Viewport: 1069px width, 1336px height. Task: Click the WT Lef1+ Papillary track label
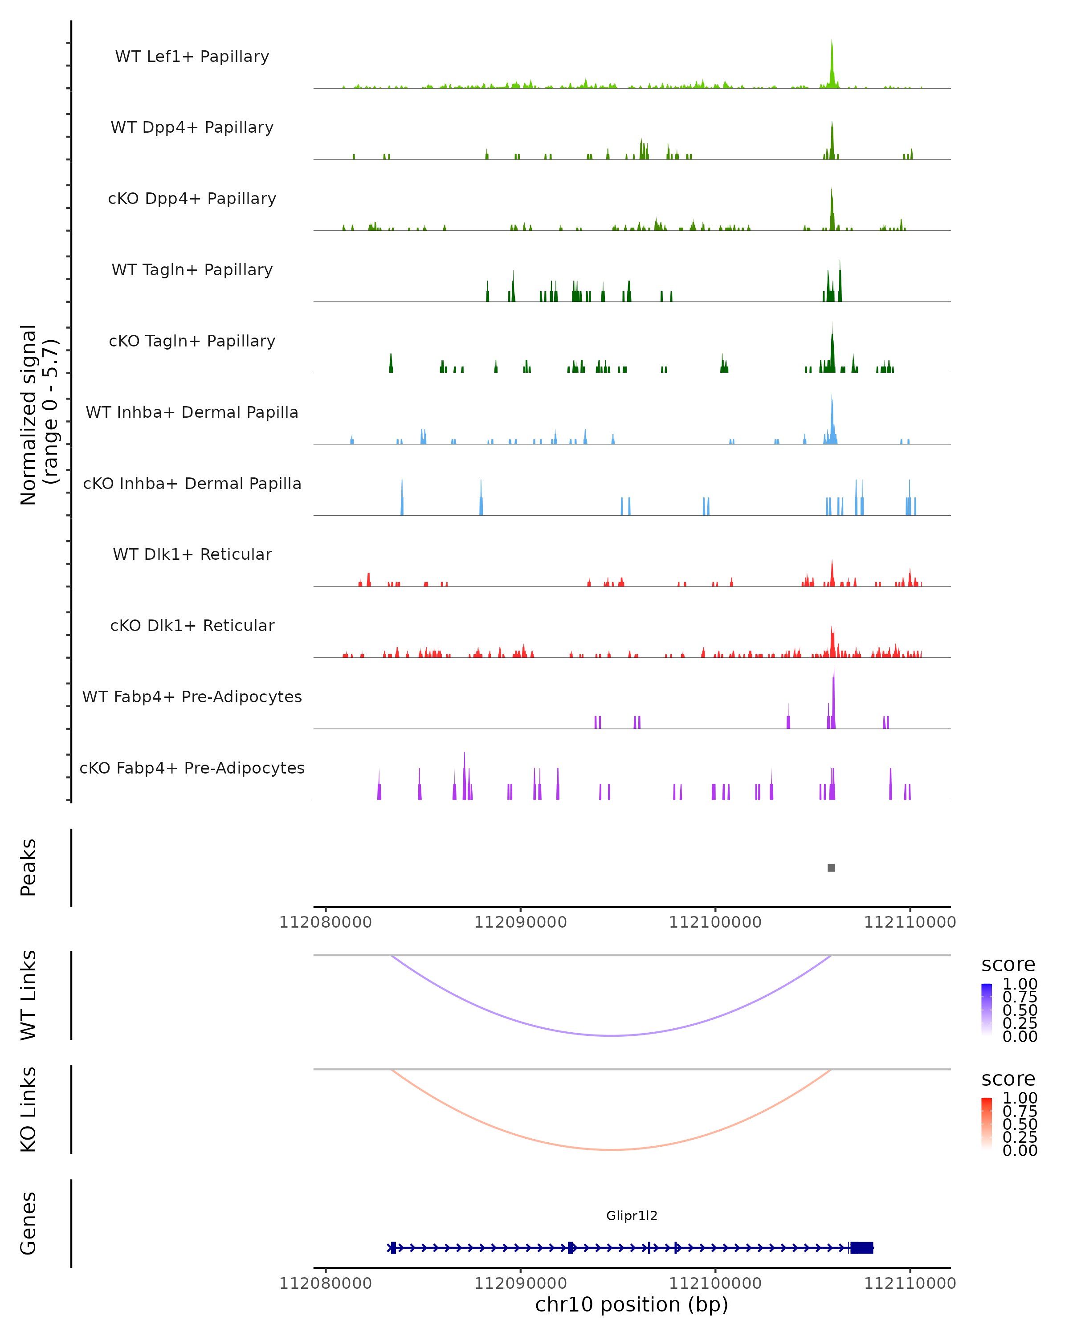tap(192, 57)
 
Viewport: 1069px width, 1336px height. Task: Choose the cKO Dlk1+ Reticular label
tap(192, 625)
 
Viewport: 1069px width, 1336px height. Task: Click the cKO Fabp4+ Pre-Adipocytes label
tap(192, 768)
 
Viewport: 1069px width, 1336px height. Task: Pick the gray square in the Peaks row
tap(831, 868)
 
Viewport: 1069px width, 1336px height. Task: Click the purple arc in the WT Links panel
tap(612, 1035)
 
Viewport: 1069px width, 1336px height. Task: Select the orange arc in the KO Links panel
tap(612, 1149)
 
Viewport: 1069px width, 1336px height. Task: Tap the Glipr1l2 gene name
tap(632, 1216)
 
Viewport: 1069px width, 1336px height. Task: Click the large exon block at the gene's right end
tap(861, 1247)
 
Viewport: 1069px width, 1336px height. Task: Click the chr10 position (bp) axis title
tap(632, 1304)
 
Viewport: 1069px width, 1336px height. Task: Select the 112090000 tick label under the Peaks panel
tap(521, 922)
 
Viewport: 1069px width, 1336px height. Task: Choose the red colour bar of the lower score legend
tap(987, 1124)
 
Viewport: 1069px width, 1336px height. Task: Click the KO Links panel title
tap(29, 1109)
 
